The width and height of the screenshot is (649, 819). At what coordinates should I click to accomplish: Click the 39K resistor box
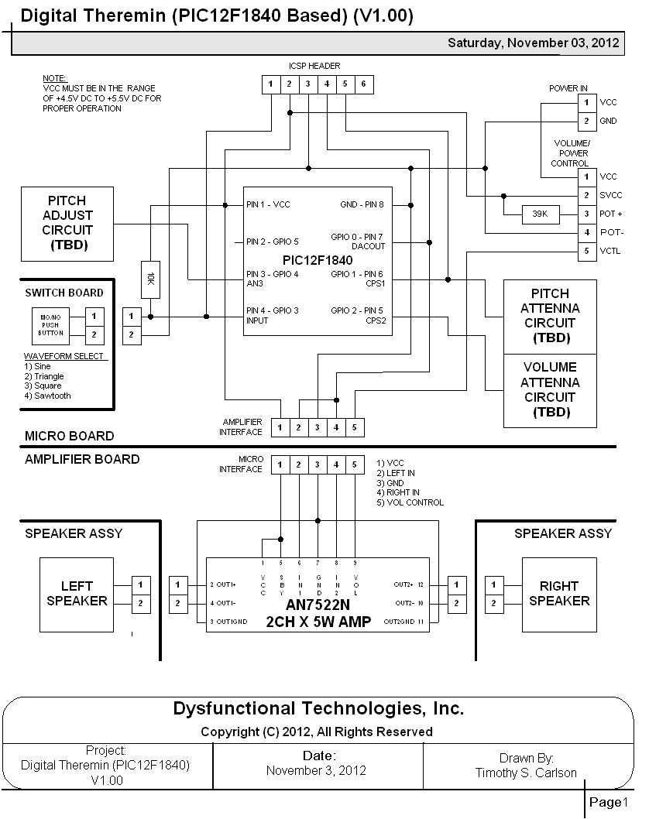click(540, 214)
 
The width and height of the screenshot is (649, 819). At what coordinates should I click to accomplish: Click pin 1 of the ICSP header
click(271, 84)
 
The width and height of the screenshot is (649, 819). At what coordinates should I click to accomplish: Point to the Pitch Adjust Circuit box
click(68, 223)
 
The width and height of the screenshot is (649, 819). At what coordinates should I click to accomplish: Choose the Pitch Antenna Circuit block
click(550, 316)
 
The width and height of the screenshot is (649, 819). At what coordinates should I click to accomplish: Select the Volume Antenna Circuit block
click(550, 390)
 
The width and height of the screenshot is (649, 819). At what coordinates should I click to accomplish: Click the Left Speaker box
click(77, 594)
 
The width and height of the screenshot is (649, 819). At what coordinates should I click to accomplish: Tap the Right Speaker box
click(559, 594)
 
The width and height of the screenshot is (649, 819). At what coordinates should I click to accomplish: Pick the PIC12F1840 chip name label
click(318, 260)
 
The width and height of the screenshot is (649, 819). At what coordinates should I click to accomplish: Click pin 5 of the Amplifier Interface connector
click(355, 427)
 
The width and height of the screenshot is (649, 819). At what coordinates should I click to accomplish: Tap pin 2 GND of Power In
click(587, 121)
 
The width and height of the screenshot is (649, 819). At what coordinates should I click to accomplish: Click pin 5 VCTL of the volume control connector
click(587, 251)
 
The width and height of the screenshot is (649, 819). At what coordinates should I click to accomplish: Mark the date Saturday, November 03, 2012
click(533, 43)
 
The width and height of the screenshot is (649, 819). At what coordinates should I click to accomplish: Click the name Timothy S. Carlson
click(526, 773)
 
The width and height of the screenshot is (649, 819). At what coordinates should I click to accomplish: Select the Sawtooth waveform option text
click(47, 396)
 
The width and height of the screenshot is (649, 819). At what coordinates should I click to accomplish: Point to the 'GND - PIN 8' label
click(362, 205)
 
